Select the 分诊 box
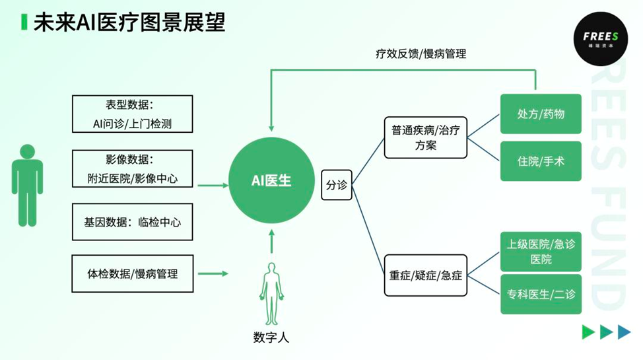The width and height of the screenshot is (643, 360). pos(336,186)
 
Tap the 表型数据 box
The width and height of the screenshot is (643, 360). pos(132,114)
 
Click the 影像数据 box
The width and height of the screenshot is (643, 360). pos(132,168)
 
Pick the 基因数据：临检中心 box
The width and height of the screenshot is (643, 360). pos(132,222)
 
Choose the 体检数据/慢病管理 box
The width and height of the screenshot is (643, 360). pos(132,273)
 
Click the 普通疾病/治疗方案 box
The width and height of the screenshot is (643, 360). pos(425,137)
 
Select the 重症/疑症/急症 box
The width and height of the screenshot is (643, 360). pos(425,273)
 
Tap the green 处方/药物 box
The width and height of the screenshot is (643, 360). pos(541,114)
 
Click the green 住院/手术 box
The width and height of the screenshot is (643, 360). pos(541,161)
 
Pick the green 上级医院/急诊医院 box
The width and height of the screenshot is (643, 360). pos(541,252)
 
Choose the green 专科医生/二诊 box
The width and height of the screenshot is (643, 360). pos(541,293)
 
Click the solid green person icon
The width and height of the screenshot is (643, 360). pos(27,186)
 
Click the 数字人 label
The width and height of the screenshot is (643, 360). pos(271,337)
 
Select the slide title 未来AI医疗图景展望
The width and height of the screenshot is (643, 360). pos(129,22)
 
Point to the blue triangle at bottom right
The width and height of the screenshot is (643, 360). pos(624,332)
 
